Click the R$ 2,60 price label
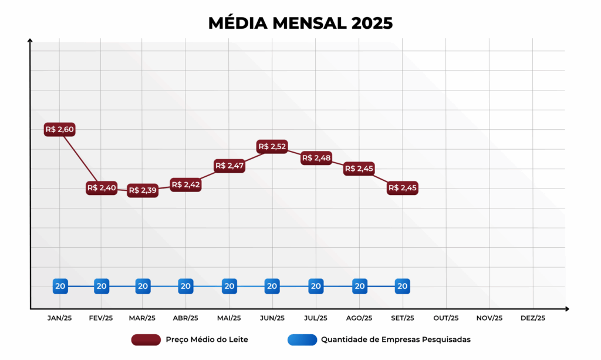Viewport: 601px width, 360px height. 60,129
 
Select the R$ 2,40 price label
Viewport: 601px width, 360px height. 102,188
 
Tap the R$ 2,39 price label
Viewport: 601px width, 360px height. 143,190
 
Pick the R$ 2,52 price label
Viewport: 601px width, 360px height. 272,146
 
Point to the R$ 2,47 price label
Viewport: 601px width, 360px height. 229,166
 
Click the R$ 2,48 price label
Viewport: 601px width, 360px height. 316,158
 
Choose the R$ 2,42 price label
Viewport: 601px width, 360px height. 185,184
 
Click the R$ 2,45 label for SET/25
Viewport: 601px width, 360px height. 402,188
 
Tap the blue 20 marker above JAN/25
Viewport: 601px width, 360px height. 60,287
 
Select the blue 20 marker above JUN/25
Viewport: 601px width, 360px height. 272,287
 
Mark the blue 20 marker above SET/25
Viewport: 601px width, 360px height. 402,287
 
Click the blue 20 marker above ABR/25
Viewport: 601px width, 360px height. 185,287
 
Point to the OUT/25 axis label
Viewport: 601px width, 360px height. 445,318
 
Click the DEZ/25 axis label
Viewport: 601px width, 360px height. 533,318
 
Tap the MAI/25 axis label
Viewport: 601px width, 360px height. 229,318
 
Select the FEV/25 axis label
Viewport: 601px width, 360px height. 101,318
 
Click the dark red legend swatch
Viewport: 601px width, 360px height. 146,339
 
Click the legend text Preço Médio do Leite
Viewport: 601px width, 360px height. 207,339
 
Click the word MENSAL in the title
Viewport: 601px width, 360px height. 307,23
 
